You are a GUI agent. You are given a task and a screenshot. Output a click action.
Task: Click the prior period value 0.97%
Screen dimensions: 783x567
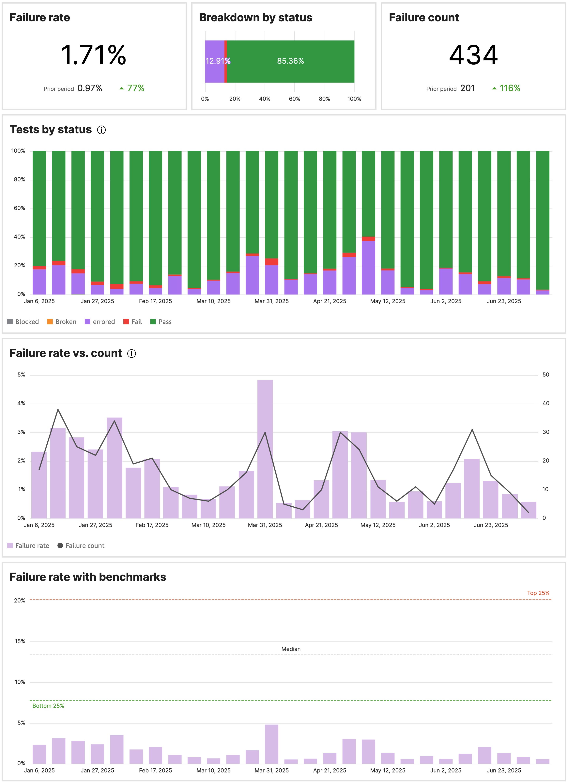[x=90, y=88]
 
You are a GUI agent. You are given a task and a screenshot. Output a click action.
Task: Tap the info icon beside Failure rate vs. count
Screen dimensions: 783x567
[x=131, y=354]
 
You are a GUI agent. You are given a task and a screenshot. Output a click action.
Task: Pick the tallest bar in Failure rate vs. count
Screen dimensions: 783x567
[x=265, y=449]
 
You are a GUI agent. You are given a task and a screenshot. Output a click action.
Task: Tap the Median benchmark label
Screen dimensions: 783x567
[x=291, y=649]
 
